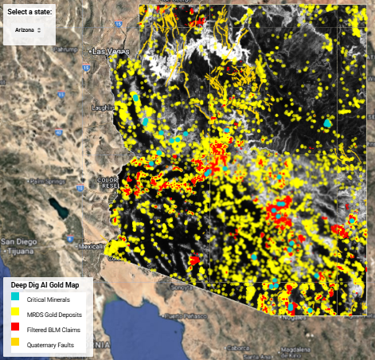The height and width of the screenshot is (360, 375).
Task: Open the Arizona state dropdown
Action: click(28, 29)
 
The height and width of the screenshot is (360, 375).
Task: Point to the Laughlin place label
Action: click(104, 106)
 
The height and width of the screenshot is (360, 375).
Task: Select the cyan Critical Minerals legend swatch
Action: click(15, 299)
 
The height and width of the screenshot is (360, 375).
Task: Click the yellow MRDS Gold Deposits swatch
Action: click(15, 313)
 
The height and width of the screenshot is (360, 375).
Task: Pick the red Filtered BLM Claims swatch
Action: click(15, 327)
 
